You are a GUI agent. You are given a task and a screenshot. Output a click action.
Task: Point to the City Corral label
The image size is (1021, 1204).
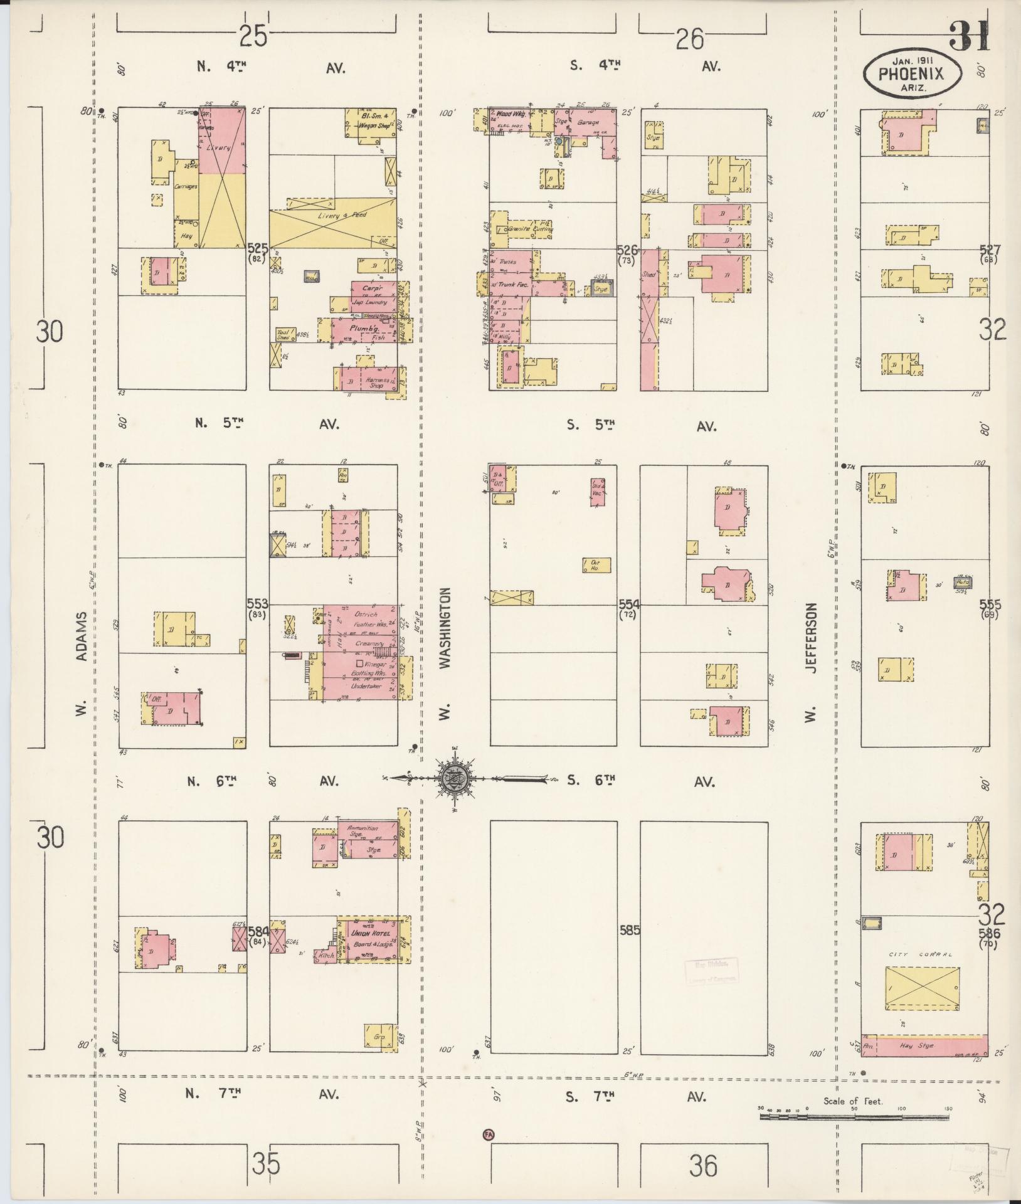[920, 954]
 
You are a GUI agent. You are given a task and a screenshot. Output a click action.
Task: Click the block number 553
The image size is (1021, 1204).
[257, 603]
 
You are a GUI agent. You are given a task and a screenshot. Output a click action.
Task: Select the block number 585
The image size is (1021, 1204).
[628, 930]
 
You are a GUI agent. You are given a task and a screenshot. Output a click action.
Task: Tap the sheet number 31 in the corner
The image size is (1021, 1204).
[969, 36]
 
